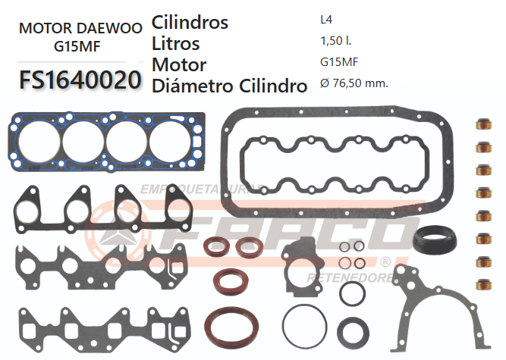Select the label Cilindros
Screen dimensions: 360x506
[190, 23]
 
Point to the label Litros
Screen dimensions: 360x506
[176, 43]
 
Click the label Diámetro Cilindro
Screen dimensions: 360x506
[229, 86]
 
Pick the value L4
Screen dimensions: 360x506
[326, 21]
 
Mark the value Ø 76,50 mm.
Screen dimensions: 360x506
[354, 84]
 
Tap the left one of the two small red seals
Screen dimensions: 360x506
[215, 247]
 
